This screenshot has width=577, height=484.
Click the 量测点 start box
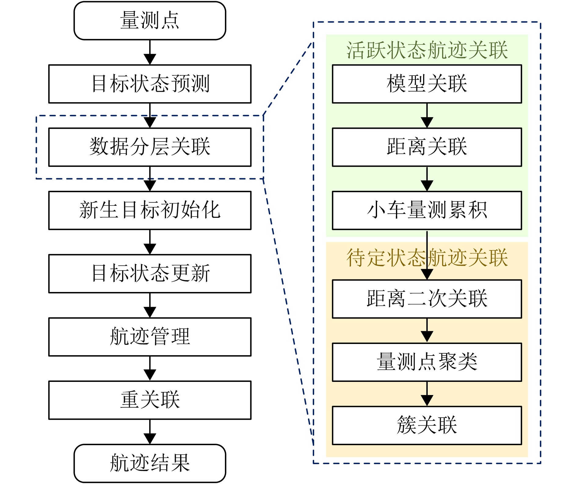pyautogui.click(x=150, y=20)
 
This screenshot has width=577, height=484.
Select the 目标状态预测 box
pyautogui.click(x=150, y=84)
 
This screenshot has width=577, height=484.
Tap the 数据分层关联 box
pyautogui.click(x=150, y=147)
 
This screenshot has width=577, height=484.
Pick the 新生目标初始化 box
pyautogui.click(x=150, y=210)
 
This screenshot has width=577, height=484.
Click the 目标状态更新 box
pyautogui.click(x=150, y=274)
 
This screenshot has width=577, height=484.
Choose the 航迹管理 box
pyautogui.click(x=150, y=337)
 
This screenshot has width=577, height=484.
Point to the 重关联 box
pyautogui.click(x=150, y=400)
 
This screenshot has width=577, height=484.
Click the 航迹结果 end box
pyautogui.click(x=150, y=463)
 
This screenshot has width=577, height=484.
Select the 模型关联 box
pyautogui.click(x=427, y=84)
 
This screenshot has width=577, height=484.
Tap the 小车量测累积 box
pyautogui.click(x=427, y=210)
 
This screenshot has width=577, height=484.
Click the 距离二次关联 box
pyautogui.click(x=427, y=299)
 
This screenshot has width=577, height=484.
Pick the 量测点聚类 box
pyautogui.click(x=427, y=362)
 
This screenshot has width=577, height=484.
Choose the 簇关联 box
pyautogui.click(x=427, y=425)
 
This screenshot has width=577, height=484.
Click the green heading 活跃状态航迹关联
pyautogui.click(x=427, y=50)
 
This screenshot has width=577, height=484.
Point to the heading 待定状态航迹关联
pyautogui.click(x=427, y=258)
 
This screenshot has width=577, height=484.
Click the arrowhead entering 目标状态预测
pyautogui.click(x=150, y=59)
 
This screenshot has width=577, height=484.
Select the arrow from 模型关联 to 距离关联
pyautogui.click(x=427, y=116)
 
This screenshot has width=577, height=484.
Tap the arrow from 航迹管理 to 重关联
pyautogui.click(x=150, y=368)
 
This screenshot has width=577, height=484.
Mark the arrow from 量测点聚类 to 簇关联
pyautogui.click(x=427, y=394)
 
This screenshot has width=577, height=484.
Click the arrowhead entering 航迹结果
pyautogui.click(x=150, y=439)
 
